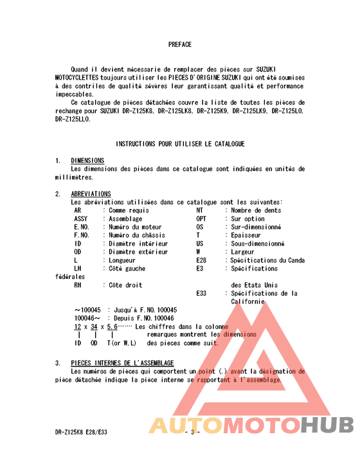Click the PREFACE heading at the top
(x=180, y=44)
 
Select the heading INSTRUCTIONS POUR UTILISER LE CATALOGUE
(x=180, y=144)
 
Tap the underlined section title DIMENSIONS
(x=87, y=161)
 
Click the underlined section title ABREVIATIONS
(x=91, y=194)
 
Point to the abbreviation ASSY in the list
(x=81, y=219)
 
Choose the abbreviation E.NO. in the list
(x=82, y=227)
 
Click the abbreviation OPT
(x=202, y=219)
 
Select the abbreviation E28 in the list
(x=202, y=260)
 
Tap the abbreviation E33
(x=202, y=293)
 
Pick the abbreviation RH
(x=78, y=285)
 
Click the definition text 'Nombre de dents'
(x=256, y=210)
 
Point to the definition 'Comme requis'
(x=129, y=210)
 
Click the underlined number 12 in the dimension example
(x=78, y=327)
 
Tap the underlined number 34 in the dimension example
(x=95, y=327)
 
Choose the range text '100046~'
(x=88, y=318)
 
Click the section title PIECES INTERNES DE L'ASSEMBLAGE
(x=122, y=363)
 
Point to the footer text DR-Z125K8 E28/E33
(x=81, y=432)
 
